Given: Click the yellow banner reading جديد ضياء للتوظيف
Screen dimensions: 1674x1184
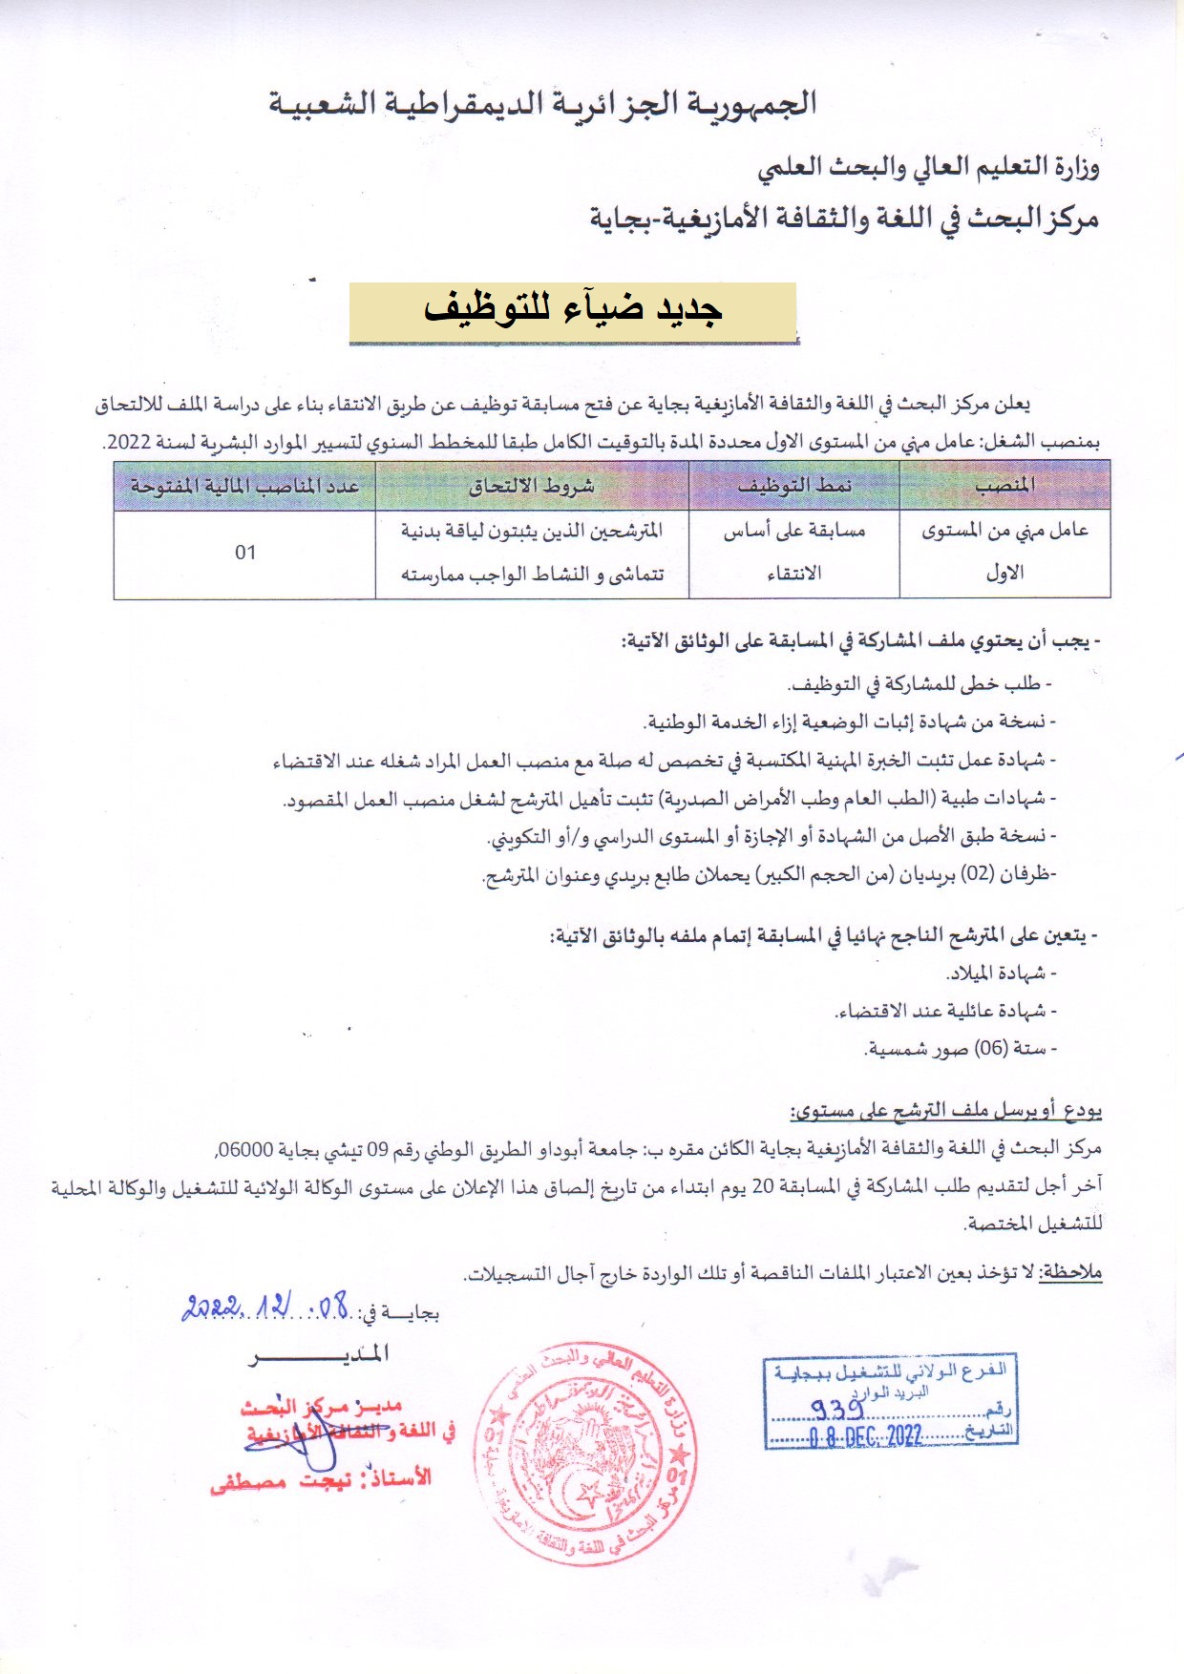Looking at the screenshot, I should tap(573, 311).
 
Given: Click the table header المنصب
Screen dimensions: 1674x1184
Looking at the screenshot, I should tap(1004, 485).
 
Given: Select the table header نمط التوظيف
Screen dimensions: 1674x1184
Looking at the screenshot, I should tap(793, 485).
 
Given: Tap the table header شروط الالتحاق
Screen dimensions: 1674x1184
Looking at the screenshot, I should tap(532, 485).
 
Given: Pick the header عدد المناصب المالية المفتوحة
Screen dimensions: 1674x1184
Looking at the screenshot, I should tap(244, 485).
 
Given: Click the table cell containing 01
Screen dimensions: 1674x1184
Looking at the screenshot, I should tap(245, 553).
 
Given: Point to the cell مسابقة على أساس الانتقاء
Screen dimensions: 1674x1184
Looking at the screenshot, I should tap(793, 552).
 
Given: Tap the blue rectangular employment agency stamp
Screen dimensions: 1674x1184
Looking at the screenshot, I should tap(890, 1401).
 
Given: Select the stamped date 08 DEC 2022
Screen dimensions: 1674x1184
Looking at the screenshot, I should tap(866, 1436).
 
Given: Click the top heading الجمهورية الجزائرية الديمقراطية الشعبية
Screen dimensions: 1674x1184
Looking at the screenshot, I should tap(542, 102).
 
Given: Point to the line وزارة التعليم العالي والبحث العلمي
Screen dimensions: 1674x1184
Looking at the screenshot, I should tap(928, 168).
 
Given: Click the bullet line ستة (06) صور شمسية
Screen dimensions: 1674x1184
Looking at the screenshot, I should tap(960, 1049).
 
